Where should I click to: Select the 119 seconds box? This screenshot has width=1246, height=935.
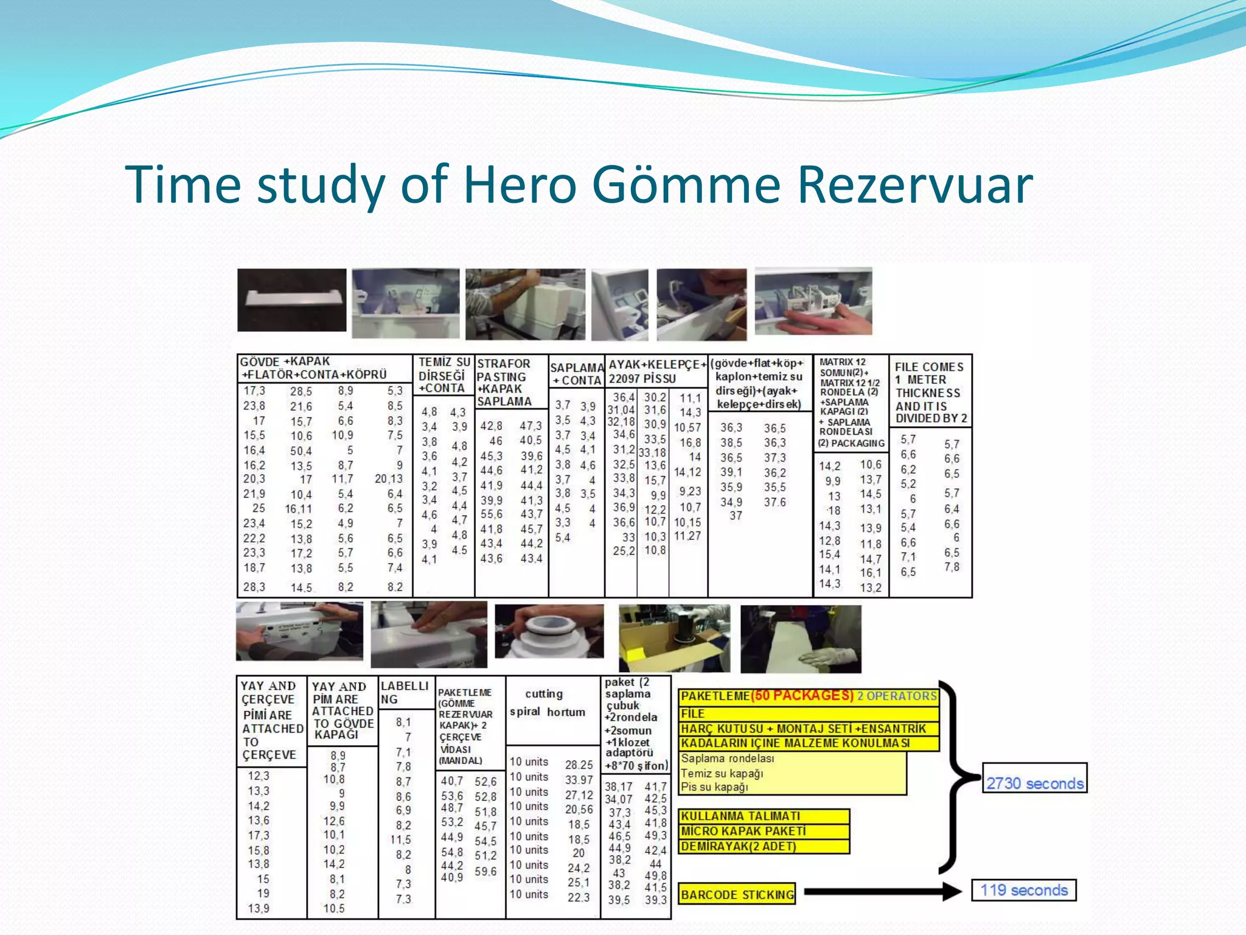click(x=1023, y=890)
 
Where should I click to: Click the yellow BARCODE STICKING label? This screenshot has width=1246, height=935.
click(x=737, y=894)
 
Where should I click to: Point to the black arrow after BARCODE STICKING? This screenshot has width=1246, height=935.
click(x=882, y=892)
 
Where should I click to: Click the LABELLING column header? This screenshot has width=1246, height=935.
click(x=405, y=692)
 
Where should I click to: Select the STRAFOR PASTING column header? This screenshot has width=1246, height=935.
click(x=504, y=382)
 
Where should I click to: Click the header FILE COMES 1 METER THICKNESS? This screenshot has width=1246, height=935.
click(x=929, y=392)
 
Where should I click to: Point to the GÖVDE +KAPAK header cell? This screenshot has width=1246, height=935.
click(x=314, y=368)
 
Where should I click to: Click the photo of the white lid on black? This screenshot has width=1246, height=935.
click(x=291, y=300)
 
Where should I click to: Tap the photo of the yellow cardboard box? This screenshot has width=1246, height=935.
click(x=674, y=638)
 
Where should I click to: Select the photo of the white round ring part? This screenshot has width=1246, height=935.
click(x=549, y=632)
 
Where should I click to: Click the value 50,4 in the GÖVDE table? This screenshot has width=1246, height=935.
click(x=301, y=451)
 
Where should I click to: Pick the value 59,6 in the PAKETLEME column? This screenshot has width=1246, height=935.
click(x=485, y=871)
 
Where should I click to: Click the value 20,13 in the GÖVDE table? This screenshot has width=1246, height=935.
click(x=388, y=479)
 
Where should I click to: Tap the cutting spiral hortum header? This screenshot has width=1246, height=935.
click(x=547, y=703)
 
